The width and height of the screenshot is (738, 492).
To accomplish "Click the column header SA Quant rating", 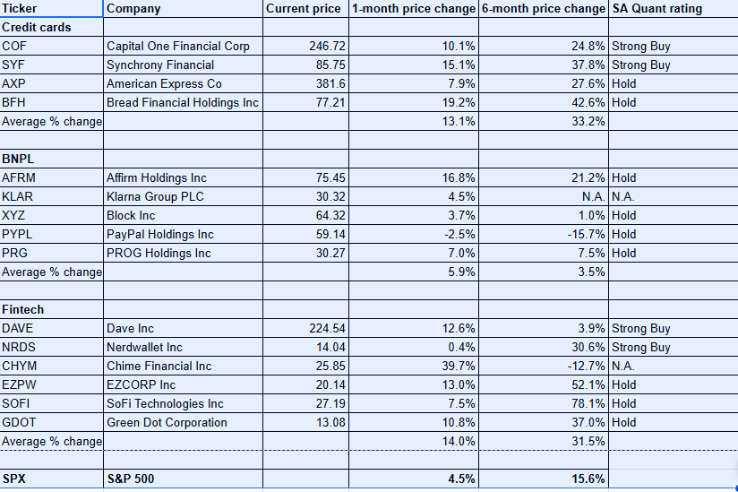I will [656, 9].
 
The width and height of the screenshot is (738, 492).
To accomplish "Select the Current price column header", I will [303, 9].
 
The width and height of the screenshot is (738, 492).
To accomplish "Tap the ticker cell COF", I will [13, 47].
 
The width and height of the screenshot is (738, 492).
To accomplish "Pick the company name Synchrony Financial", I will [159, 65].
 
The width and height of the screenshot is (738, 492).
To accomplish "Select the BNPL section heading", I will [18, 160].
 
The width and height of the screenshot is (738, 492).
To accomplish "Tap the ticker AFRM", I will [19, 178].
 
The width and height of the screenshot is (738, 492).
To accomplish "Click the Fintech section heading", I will [23, 310].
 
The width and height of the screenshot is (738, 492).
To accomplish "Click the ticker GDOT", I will [19, 423].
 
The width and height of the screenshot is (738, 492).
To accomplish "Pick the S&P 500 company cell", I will [131, 479].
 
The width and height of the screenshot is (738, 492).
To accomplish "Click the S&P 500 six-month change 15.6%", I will [588, 479].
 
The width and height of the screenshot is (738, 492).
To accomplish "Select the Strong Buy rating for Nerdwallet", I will [640, 348].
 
